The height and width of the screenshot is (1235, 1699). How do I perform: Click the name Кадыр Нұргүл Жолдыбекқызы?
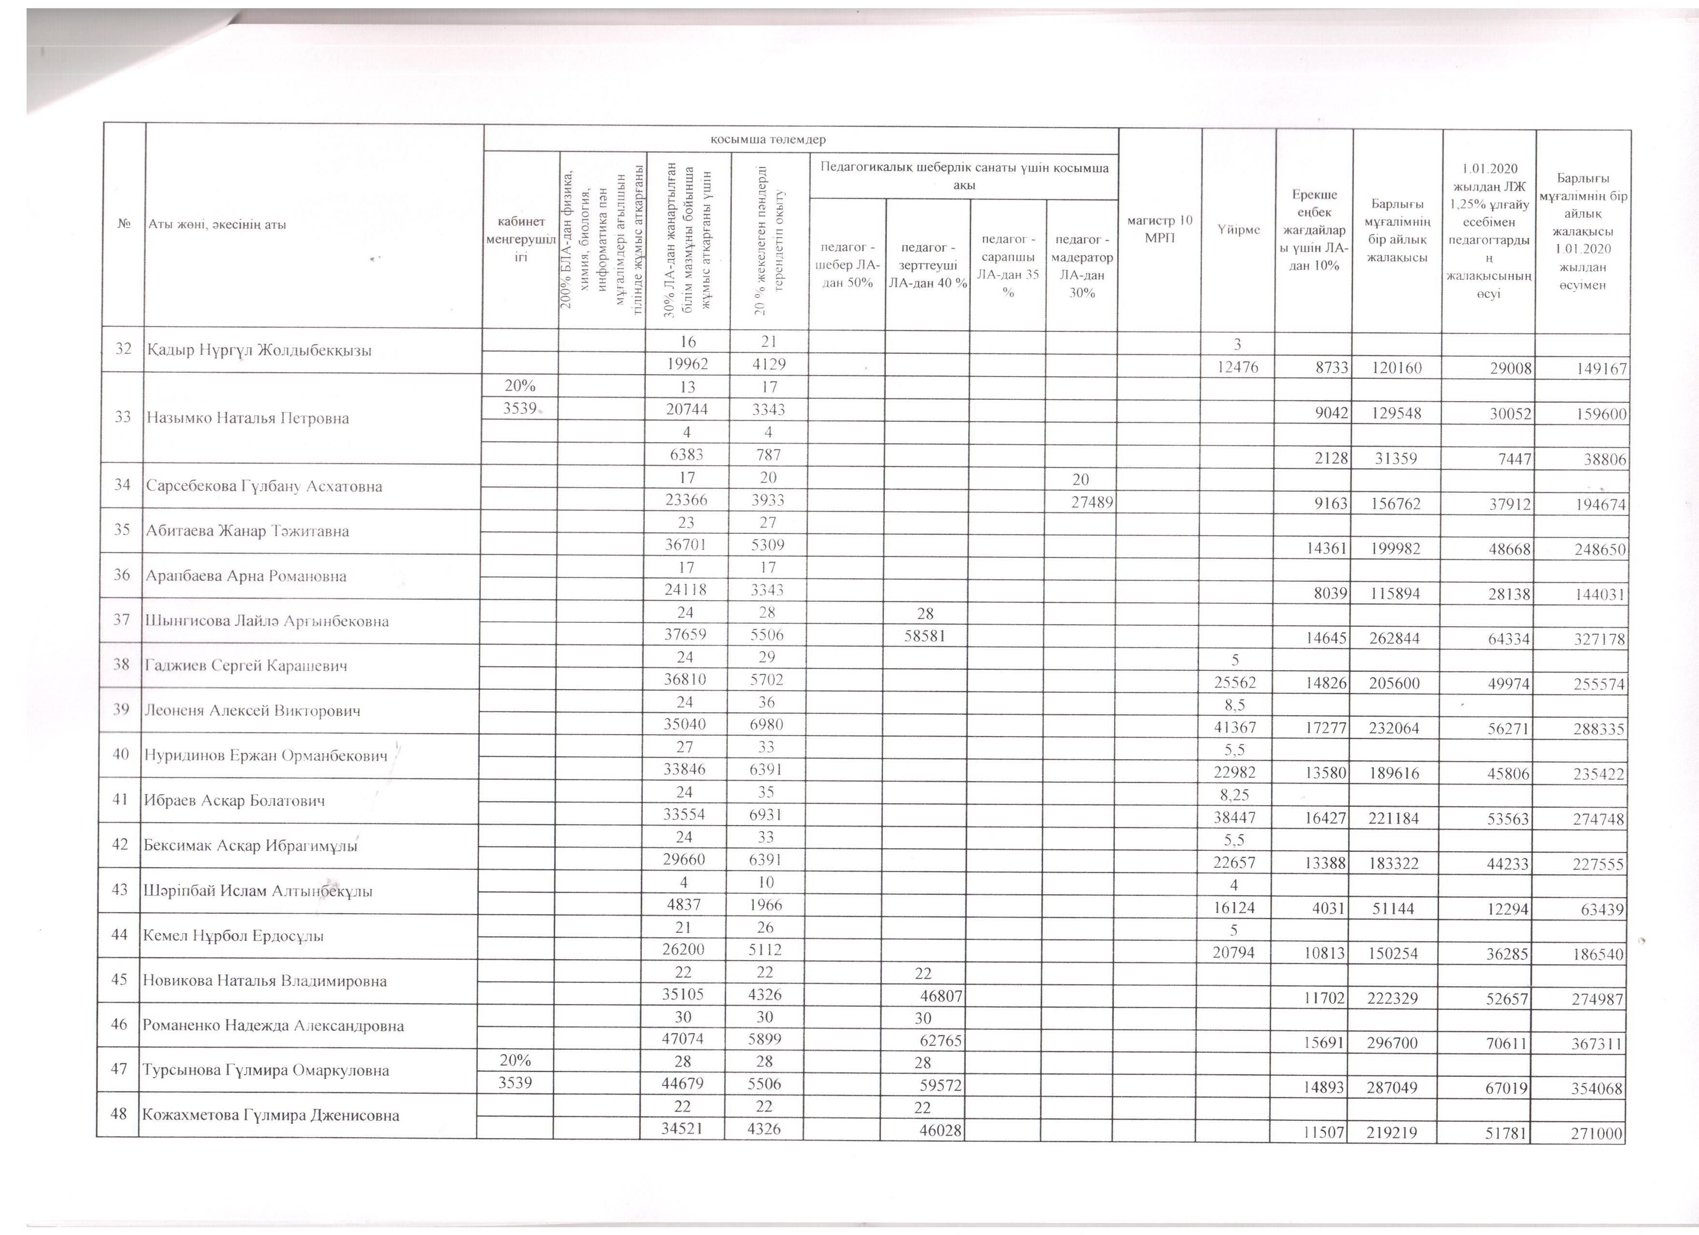(x=259, y=350)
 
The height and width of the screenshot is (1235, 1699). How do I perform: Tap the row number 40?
(x=121, y=754)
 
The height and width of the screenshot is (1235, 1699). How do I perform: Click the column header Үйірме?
(x=1238, y=229)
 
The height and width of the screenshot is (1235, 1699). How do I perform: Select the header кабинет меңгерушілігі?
(x=521, y=239)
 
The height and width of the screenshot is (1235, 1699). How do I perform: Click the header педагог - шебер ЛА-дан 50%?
(x=847, y=264)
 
